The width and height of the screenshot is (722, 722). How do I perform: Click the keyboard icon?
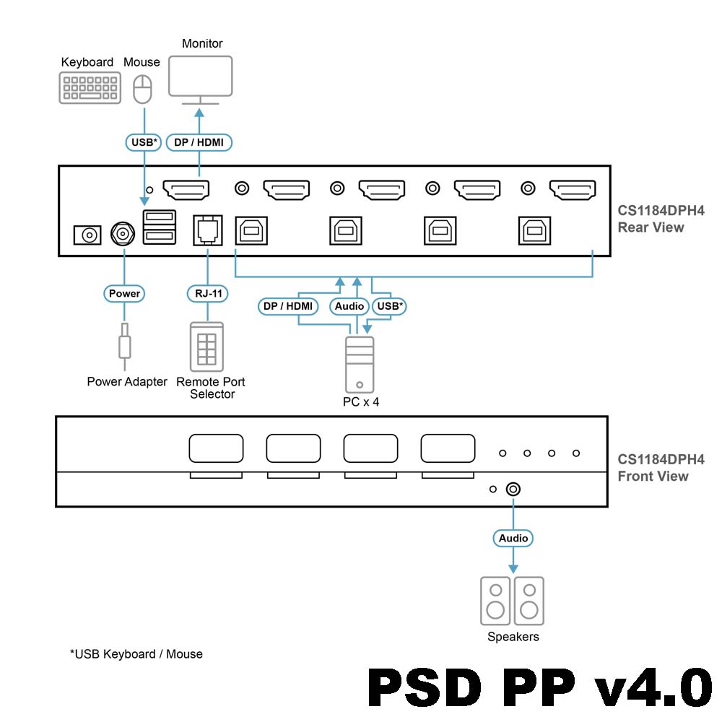pyautogui.click(x=90, y=87)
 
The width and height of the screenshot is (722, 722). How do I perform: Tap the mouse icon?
pyautogui.click(x=143, y=89)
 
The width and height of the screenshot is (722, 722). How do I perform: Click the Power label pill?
pyautogui.click(x=124, y=294)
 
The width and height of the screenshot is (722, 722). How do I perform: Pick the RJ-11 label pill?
pyautogui.click(x=207, y=294)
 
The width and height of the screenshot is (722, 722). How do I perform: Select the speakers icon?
pyautogui.click(x=512, y=601)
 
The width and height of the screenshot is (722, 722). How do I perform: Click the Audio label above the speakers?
pyautogui.click(x=513, y=538)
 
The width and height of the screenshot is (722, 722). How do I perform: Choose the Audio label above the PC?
pyautogui.click(x=349, y=306)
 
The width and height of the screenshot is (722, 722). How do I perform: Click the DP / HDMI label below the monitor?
pyautogui.click(x=199, y=142)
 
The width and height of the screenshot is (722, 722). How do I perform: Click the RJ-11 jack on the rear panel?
pyautogui.click(x=207, y=230)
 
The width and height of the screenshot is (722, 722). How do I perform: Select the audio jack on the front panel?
pyautogui.click(x=513, y=489)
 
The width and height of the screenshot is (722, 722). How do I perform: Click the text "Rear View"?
pyautogui.click(x=651, y=227)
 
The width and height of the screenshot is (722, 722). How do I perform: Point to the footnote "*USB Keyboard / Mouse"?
pyautogui.click(x=136, y=654)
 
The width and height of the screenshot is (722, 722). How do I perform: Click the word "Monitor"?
pyautogui.click(x=202, y=44)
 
